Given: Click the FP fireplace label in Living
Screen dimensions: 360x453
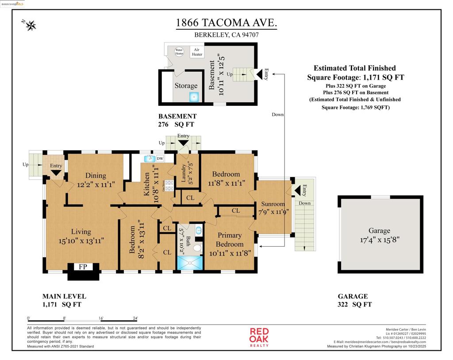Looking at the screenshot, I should tap(83, 267).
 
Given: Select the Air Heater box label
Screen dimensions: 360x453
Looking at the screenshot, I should tap(197, 52).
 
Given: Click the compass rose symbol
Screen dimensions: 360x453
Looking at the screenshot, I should tap(31, 26).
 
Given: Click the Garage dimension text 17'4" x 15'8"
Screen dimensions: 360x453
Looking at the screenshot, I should tap(380, 240).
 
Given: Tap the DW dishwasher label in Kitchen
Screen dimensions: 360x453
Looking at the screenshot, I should tap(160, 159).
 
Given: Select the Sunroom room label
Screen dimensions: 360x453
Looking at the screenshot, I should tap(273, 204).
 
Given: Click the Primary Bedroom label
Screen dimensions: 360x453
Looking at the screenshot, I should tap(230, 240).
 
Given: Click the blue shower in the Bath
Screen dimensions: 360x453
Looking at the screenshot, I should tap(189, 262).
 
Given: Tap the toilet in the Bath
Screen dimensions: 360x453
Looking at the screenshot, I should tap(197, 248).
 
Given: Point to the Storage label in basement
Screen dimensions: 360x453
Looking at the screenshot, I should tap(186, 85).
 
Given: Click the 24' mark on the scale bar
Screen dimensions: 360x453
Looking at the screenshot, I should tap(135, 318).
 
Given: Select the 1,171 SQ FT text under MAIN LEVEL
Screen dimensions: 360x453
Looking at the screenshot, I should tap(61, 305).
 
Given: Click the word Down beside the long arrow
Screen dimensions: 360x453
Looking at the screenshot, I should tap(278, 115).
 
